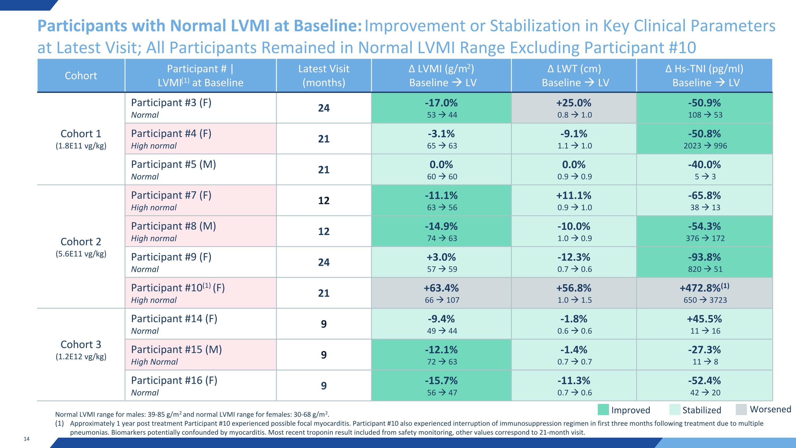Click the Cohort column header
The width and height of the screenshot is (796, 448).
(x=81, y=76)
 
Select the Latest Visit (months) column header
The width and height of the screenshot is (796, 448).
(x=324, y=76)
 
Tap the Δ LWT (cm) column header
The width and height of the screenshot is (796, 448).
(x=574, y=69)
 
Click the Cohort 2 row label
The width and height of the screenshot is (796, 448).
(x=81, y=241)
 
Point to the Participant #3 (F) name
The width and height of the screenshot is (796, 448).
(x=171, y=103)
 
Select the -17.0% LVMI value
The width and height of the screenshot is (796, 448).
(x=441, y=103)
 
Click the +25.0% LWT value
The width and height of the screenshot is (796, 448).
(x=574, y=103)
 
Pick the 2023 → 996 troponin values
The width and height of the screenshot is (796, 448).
(x=705, y=146)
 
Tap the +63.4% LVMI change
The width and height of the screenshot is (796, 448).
(x=441, y=288)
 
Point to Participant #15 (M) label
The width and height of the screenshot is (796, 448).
(x=176, y=349)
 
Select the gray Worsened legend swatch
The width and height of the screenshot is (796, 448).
(x=741, y=409)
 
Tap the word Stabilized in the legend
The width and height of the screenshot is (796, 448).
(x=702, y=410)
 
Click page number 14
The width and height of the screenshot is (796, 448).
(x=27, y=439)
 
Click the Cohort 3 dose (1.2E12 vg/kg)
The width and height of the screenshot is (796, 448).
(x=81, y=356)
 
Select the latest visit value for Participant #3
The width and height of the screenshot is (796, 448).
(x=324, y=108)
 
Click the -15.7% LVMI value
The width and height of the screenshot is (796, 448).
(x=441, y=380)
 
